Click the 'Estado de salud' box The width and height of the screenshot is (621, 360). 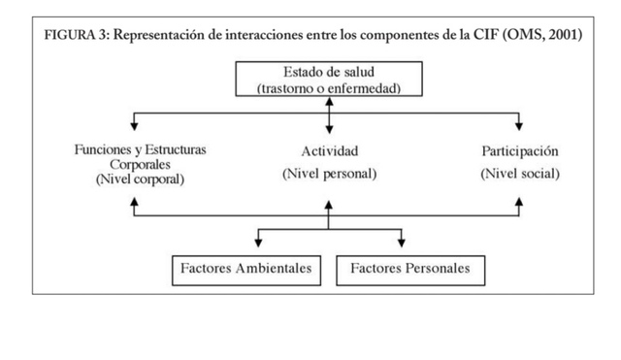pos(329,79)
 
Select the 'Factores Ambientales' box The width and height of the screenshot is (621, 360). pos(246,268)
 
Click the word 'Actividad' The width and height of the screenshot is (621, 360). pos(329,151)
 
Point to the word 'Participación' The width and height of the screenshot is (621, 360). pos(520,151)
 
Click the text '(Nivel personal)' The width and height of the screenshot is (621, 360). pos(329,174)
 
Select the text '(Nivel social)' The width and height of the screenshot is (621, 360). pos(520,174)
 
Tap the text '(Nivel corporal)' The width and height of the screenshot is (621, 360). pos(140,180)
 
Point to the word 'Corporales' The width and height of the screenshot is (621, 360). pos(140,165)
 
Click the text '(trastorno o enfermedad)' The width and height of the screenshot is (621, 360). pos(329,87)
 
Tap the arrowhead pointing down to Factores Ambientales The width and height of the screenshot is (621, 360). pos(257,241)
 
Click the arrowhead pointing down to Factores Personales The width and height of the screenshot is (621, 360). pos(401,241)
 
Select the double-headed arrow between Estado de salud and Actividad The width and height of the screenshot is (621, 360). pos(330,115)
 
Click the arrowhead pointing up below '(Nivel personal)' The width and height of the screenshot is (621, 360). pos(329,205)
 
